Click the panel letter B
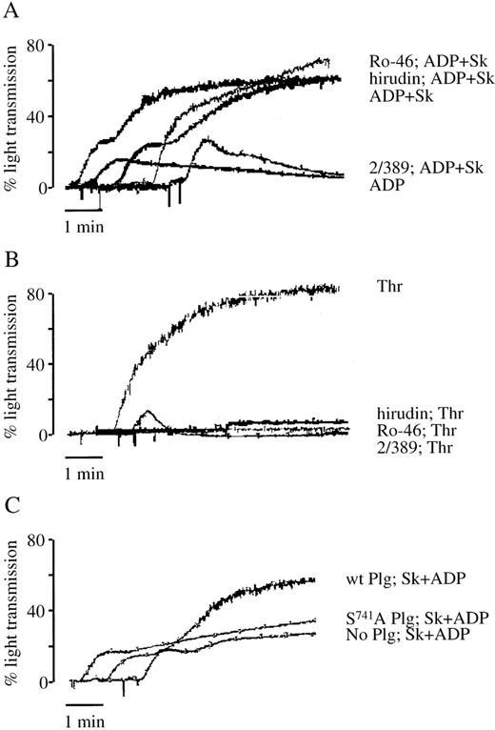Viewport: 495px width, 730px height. (x=16, y=258)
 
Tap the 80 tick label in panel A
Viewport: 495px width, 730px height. (x=40, y=45)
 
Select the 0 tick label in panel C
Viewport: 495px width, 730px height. (x=46, y=682)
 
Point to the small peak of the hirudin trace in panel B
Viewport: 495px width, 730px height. (x=147, y=413)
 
